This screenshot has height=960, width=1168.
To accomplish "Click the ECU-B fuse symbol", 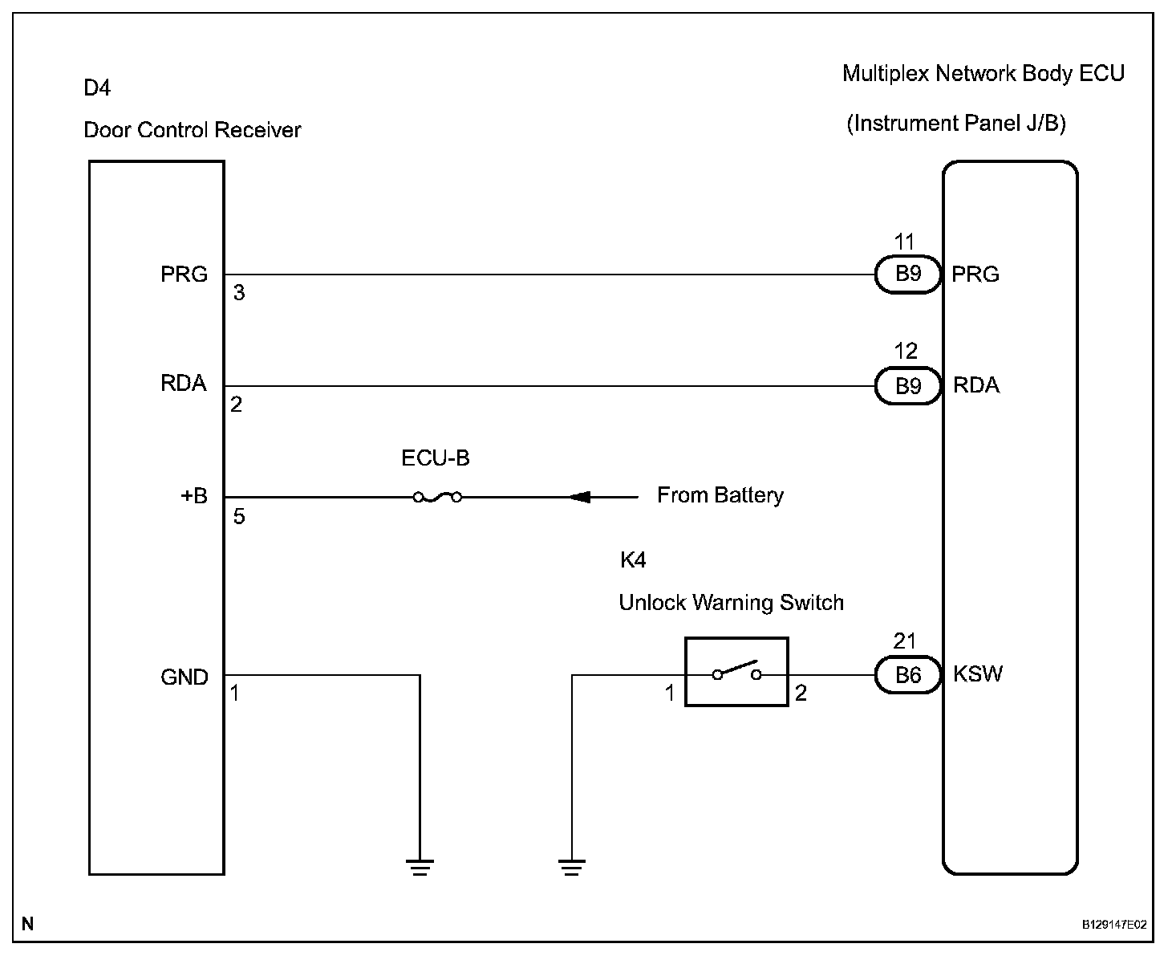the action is click(437, 497).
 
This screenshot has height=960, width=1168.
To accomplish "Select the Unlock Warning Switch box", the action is click(736, 672).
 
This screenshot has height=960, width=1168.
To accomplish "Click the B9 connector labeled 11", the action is click(908, 275).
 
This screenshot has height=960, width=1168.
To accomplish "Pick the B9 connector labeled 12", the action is click(908, 386).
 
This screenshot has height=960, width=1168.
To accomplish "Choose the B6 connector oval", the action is click(908, 674).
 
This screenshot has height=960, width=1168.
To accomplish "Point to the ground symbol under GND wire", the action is click(420, 868).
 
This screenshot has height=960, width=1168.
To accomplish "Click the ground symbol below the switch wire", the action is click(571, 868).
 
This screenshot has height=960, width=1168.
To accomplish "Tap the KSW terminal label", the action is click(978, 674).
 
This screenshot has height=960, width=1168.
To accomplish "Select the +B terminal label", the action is click(194, 495).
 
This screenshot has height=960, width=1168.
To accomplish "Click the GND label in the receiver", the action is click(184, 677).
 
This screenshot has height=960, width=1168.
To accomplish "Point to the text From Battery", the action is click(720, 495).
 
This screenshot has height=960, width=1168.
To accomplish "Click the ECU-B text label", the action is click(436, 458).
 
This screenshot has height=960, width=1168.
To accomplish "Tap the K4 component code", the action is click(633, 559).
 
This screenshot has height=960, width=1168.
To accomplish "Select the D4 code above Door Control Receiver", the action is click(97, 87).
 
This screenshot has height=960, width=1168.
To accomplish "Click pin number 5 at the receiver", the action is click(239, 516).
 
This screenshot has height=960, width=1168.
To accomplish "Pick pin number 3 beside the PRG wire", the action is click(239, 292).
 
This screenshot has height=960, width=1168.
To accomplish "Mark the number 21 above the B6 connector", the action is click(904, 641).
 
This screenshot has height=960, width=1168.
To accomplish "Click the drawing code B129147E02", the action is click(1114, 925).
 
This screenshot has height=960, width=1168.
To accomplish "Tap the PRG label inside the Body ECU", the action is click(975, 274).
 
